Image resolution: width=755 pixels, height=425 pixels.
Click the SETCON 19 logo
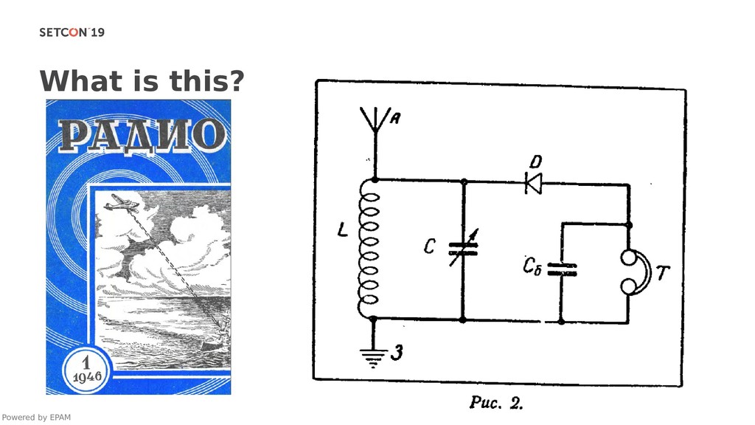point(72,32)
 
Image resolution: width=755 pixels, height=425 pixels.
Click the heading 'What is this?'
point(142,80)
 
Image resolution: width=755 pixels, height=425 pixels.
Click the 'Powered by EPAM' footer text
point(36,418)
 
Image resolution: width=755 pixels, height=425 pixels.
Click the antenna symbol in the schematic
point(374,122)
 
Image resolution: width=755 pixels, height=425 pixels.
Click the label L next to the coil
point(343,231)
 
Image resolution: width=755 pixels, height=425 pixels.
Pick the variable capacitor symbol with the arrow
point(464,247)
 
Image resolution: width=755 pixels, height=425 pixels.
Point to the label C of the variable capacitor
point(429,246)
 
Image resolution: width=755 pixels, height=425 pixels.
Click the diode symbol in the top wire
point(532,182)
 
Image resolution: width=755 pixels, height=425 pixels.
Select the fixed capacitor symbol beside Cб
point(562,269)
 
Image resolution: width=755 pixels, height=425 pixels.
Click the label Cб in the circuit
point(532,266)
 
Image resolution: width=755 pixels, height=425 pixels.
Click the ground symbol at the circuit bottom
point(375,357)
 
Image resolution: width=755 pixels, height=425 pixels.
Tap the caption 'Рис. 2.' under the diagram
point(497,403)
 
